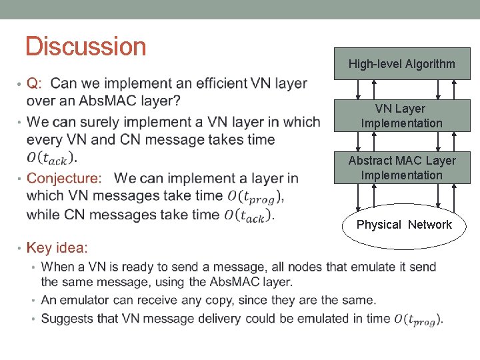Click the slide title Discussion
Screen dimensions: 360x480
pyautogui.click(x=85, y=47)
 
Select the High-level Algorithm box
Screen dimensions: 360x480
pyautogui.click(x=402, y=64)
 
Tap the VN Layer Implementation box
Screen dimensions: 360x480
pyautogui.click(x=402, y=115)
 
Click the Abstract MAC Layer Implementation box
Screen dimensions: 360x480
pyautogui.click(x=402, y=167)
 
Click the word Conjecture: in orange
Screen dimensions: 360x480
pyautogui.click(x=65, y=178)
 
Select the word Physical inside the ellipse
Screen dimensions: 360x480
pyautogui.click(x=379, y=225)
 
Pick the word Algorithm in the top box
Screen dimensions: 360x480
pyautogui.click(x=430, y=64)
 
